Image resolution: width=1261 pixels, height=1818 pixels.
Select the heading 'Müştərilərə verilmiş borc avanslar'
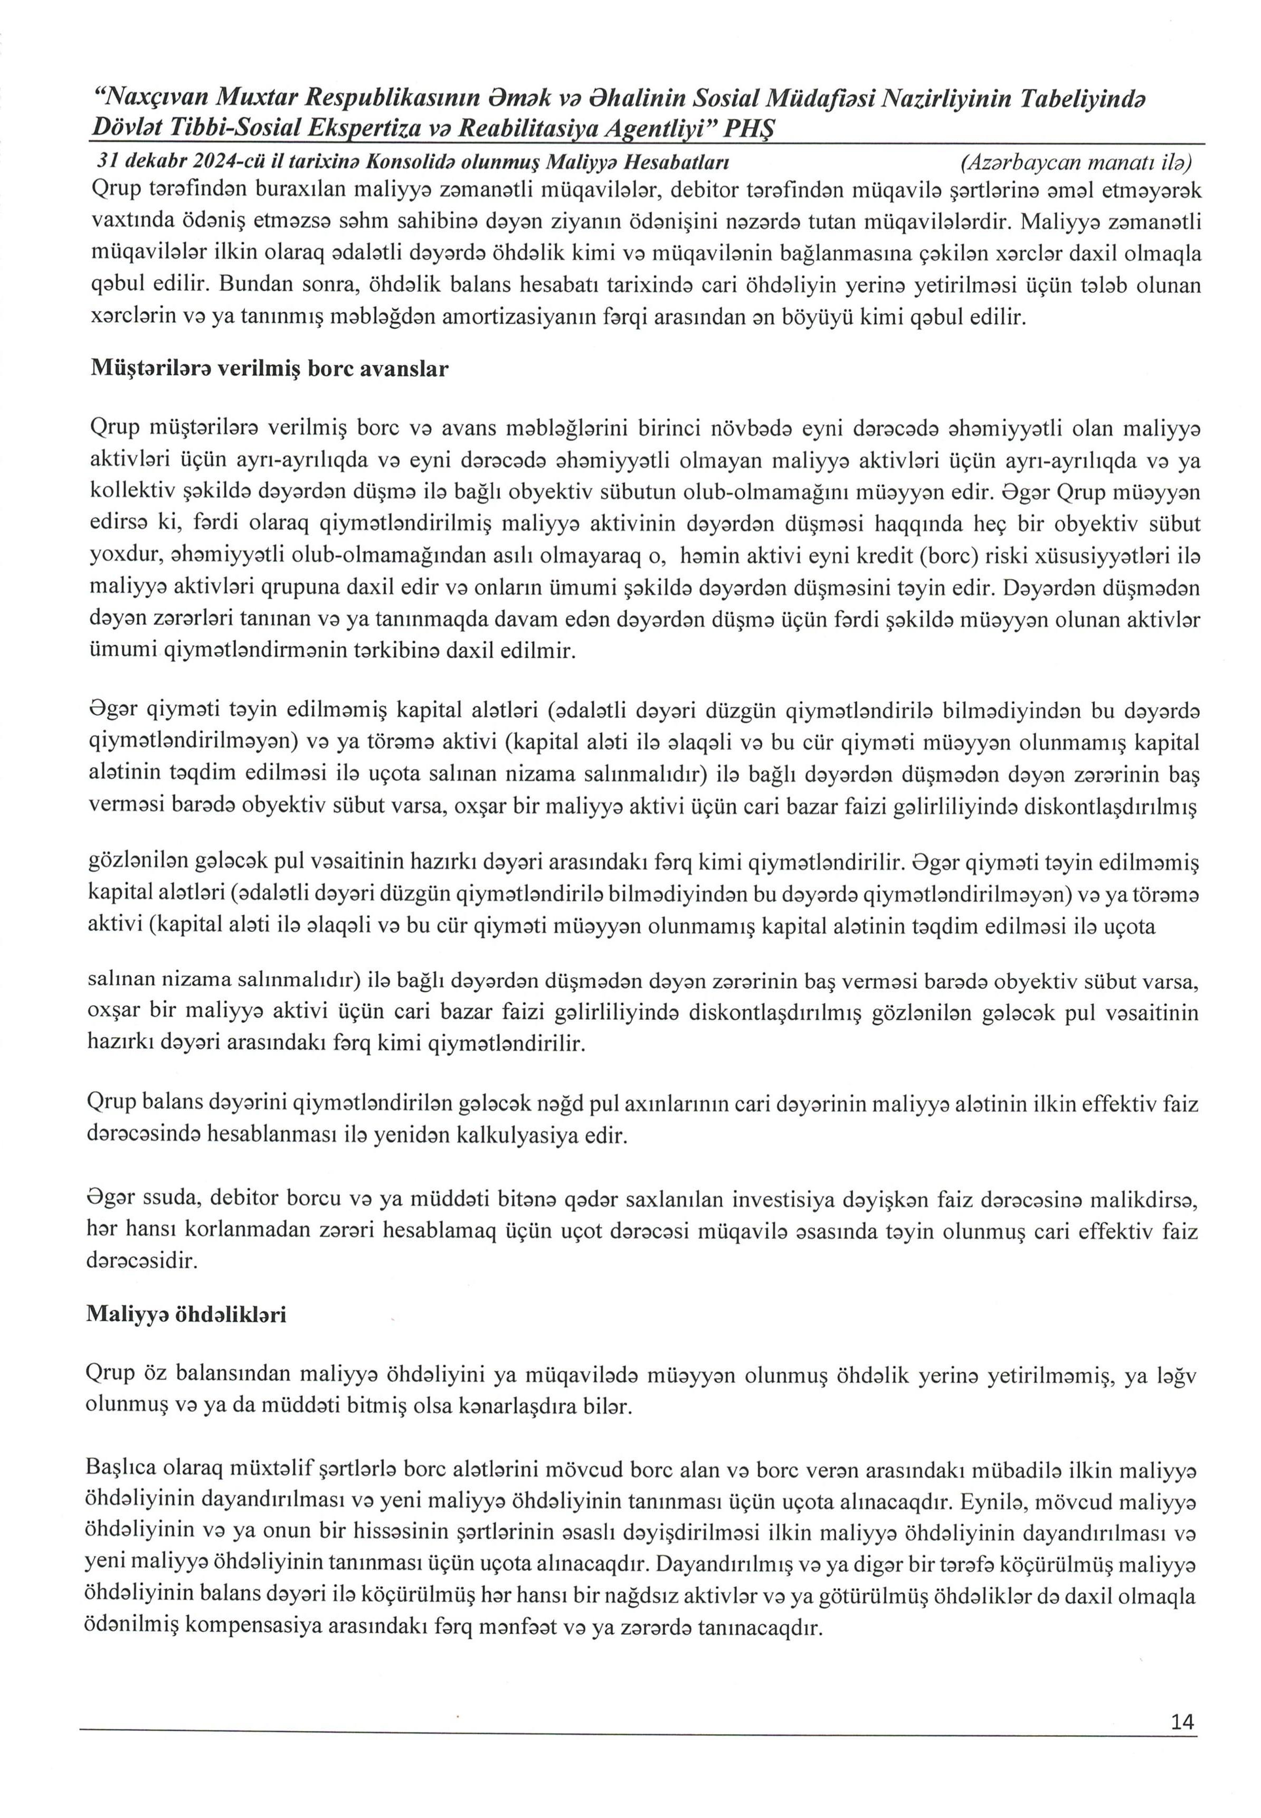tap(269, 369)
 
